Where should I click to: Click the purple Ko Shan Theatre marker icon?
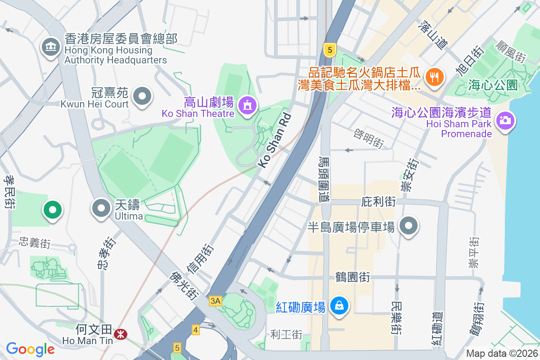pyautogui.click(x=247, y=106)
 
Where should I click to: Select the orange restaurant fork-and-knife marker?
pyautogui.click(x=434, y=77)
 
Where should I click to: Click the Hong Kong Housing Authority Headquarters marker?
pyautogui.click(x=51, y=47)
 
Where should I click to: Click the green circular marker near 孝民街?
pyautogui.click(x=53, y=210)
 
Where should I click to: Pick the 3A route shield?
pyautogui.click(x=216, y=301)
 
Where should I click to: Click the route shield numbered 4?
pyautogui.click(x=195, y=330)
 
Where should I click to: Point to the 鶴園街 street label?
pyautogui.click(x=353, y=277)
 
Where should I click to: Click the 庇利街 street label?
pyautogui.click(x=378, y=202)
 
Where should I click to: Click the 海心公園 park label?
pyautogui.click(x=493, y=85)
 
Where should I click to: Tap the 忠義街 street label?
pyautogui.click(x=35, y=243)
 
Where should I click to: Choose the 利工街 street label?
pyautogui.click(x=286, y=334)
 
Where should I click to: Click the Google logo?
pyautogui.click(x=30, y=349)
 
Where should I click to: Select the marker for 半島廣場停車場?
pyautogui.click(x=409, y=226)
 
